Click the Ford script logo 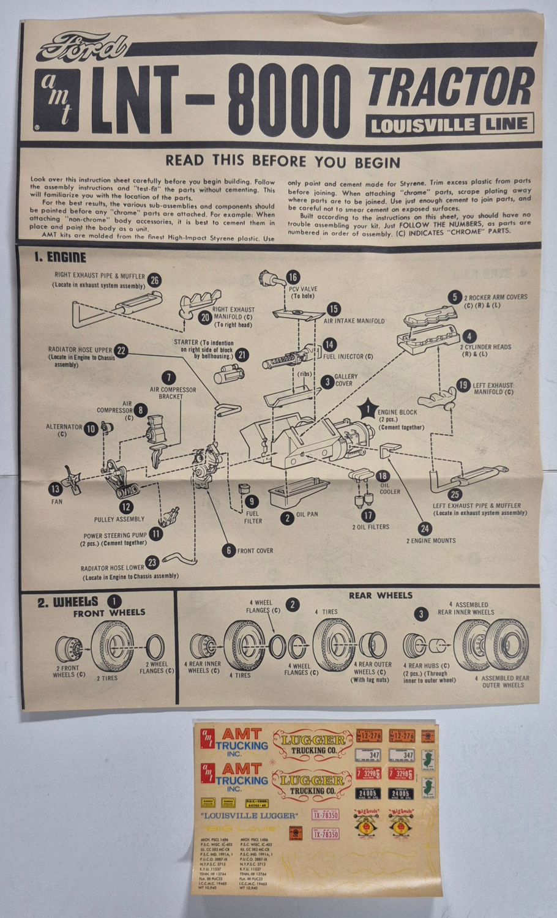[x=81, y=47]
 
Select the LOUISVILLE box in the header [x=420, y=125]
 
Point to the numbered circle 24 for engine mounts [x=425, y=529]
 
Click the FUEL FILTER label [x=253, y=518]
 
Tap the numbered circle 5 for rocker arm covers [x=454, y=297]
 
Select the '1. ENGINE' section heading [x=60, y=258]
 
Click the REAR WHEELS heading [x=380, y=595]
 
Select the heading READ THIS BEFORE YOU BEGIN [x=283, y=162]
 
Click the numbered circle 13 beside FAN [x=56, y=488]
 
